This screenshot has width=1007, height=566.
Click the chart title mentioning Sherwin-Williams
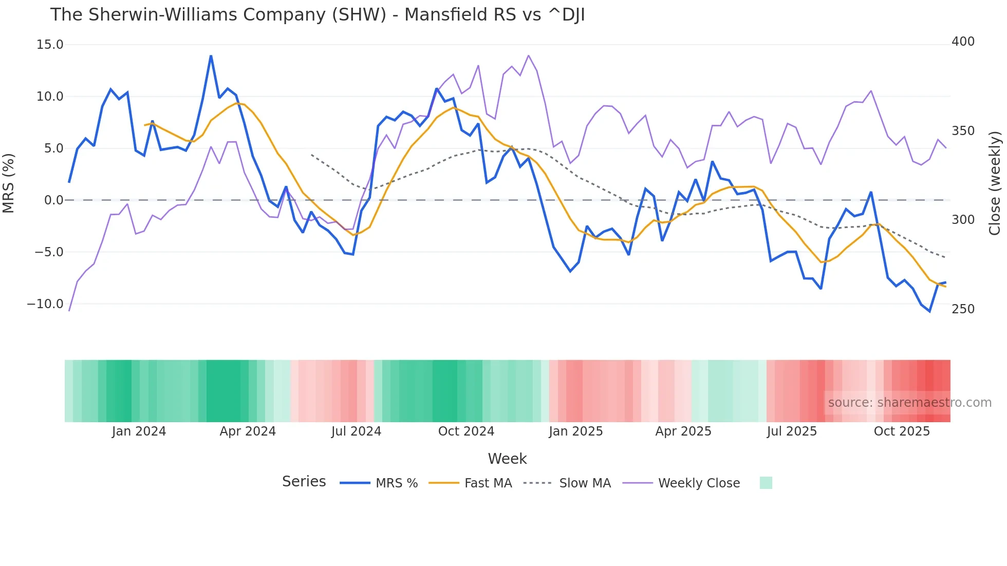[317, 15]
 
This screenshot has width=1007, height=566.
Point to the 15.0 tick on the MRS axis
[50, 45]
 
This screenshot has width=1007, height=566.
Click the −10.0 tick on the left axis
[45, 304]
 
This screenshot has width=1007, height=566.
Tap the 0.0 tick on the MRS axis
[53, 200]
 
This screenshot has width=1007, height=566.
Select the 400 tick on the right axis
[963, 42]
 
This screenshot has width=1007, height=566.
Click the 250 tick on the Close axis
[963, 309]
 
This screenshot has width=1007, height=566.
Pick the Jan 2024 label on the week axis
[139, 431]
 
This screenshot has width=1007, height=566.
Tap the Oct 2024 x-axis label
[466, 431]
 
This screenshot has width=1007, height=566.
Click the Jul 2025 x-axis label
[792, 431]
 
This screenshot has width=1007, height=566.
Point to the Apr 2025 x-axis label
[683, 431]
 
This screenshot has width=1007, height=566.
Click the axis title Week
[507, 459]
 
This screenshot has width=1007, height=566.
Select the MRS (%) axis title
[9, 183]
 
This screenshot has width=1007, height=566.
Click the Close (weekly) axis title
[995, 183]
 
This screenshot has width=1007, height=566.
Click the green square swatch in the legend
[766, 483]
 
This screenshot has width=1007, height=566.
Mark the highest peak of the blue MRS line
[211, 56]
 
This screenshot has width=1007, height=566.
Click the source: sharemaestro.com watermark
[909, 403]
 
